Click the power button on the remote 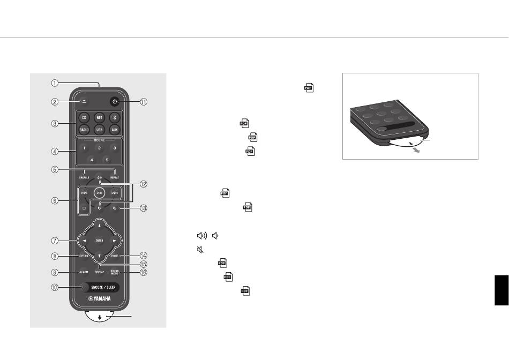(x=114, y=101)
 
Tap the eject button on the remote (x=83, y=101)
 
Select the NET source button (x=99, y=117)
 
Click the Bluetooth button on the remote (x=114, y=117)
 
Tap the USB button (x=99, y=129)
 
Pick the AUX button (x=114, y=129)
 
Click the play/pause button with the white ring (x=99, y=192)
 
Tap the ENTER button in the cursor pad (x=99, y=241)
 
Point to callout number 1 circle (x=54, y=83)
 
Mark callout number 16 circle (x=144, y=272)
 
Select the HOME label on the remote (x=114, y=256)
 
